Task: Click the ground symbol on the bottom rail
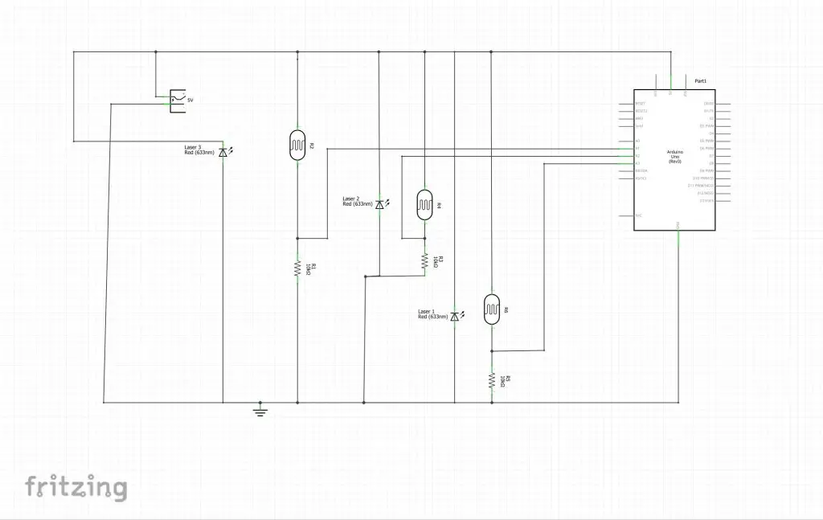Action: point(260,410)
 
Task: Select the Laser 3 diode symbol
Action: point(223,151)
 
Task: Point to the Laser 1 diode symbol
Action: point(455,317)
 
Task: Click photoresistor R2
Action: point(298,144)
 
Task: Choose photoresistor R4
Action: point(424,204)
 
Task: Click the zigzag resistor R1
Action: point(298,269)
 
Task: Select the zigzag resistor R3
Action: point(424,261)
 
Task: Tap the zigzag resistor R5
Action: point(491,381)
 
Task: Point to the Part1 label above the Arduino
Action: point(700,82)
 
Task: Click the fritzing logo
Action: point(76,487)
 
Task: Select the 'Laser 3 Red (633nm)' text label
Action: point(199,149)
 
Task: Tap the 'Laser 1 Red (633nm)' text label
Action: point(432,314)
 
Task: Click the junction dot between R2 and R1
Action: point(298,239)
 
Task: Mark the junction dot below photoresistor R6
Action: point(491,351)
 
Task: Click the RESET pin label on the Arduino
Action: point(641,104)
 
